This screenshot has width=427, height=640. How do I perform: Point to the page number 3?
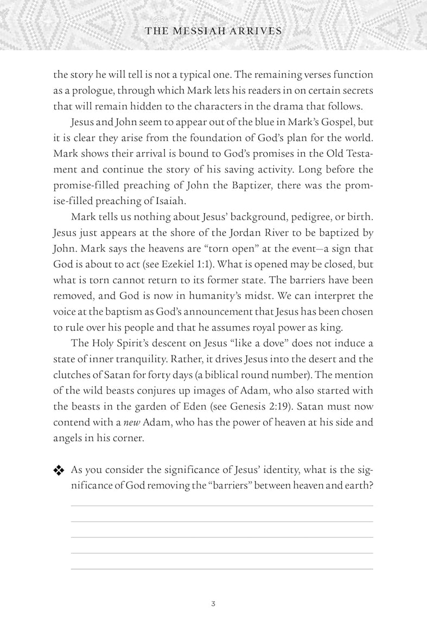(x=214, y=604)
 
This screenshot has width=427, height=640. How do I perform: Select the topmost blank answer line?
(x=222, y=505)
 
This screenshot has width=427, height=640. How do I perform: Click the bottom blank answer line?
(x=222, y=569)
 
